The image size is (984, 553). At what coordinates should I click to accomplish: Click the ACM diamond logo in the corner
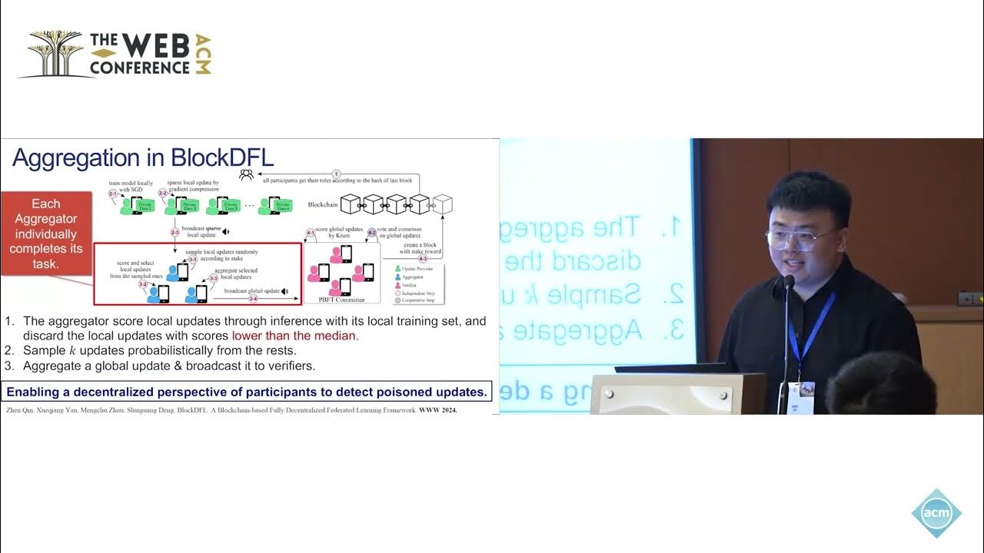(936, 513)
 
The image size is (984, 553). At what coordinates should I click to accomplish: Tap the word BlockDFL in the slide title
(222, 157)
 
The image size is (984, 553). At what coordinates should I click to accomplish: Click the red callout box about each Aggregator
(45, 233)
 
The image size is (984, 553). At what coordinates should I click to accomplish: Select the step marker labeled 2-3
(175, 232)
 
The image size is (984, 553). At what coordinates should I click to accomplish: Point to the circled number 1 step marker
(336, 174)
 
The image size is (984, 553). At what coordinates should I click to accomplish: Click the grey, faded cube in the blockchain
(443, 204)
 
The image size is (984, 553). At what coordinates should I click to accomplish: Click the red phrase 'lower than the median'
(294, 336)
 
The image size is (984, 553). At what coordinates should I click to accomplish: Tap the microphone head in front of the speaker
(788, 283)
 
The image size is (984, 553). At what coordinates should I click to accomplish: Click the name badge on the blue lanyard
(806, 389)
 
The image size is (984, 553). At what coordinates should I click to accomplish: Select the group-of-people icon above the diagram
(246, 174)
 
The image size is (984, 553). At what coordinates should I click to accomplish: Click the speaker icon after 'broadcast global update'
(284, 292)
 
